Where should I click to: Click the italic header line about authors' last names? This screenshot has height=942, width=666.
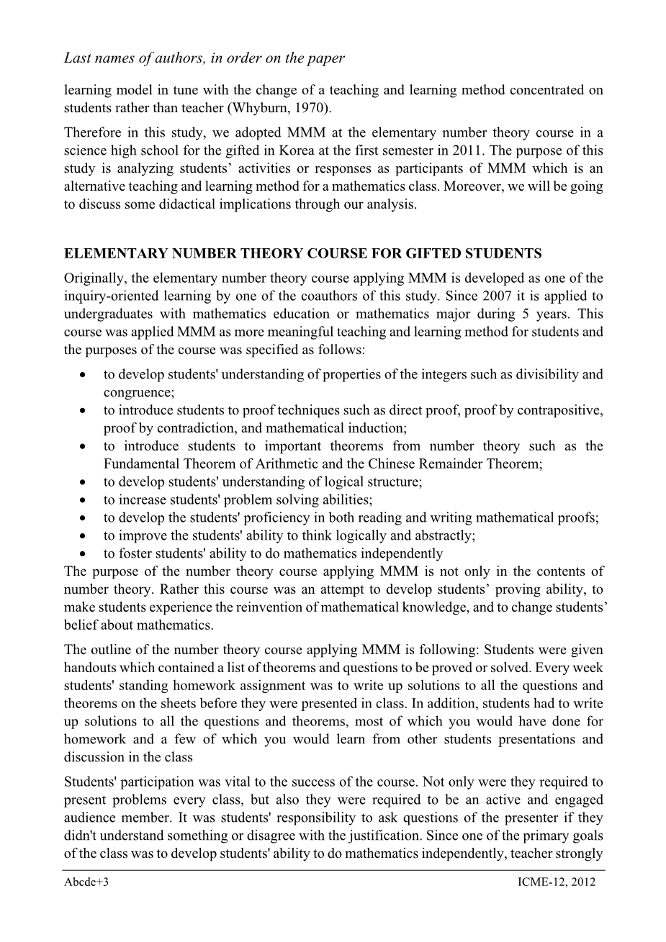[x=204, y=58]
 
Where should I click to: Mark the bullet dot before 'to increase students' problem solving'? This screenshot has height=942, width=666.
[x=85, y=500]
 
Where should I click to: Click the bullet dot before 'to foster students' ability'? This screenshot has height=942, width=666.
[x=85, y=554]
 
